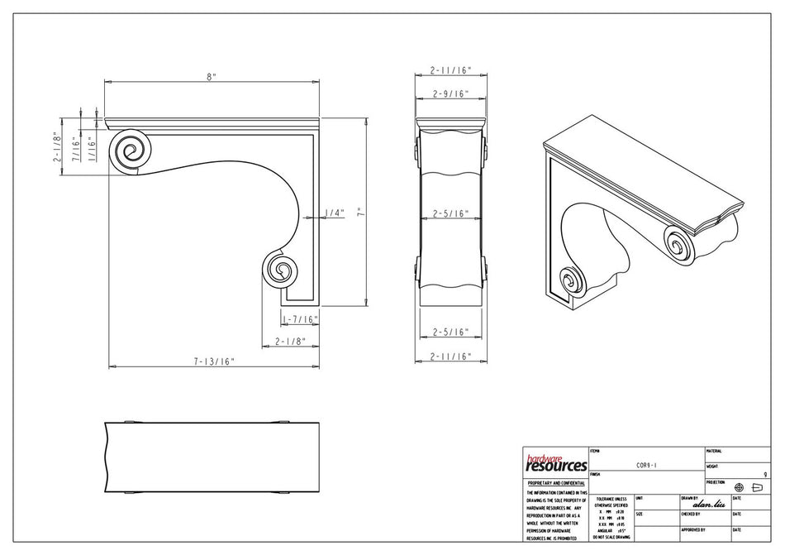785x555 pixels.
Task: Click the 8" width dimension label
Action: coord(212,76)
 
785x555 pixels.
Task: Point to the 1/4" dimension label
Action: coord(334,213)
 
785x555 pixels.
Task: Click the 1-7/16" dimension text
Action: coord(299,318)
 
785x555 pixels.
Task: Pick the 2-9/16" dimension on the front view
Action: coord(450,94)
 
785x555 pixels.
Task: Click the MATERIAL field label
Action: coord(715,451)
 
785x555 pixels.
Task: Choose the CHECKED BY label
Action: coord(692,514)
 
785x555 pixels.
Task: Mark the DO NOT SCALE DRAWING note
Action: coord(610,538)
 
